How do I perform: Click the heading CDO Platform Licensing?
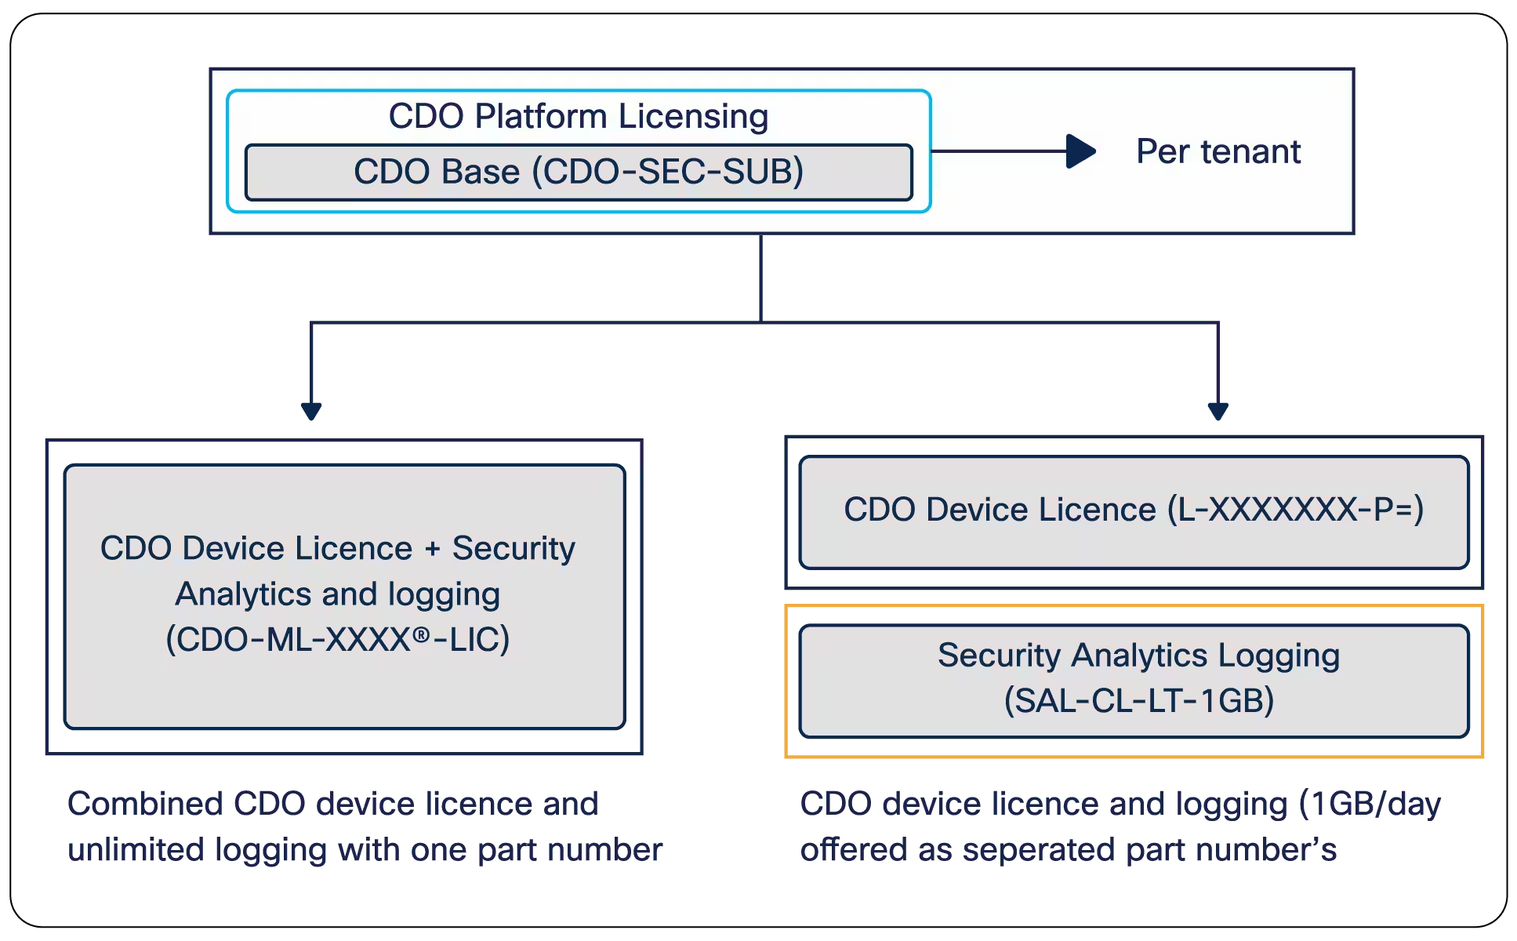click(578, 116)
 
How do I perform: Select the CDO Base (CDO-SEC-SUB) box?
click(578, 172)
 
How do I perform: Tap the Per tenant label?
click(1218, 151)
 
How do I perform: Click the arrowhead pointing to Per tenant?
click(1081, 151)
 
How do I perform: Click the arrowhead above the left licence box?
click(312, 411)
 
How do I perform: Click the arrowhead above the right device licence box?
click(1217, 411)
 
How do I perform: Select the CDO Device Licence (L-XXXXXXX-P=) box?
click(1133, 511)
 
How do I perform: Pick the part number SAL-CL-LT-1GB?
click(1139, 700)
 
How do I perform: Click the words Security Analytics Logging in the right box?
click(1138, 655)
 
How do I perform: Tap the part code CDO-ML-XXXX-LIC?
click(337, 640)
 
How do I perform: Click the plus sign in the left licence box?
click(432, 549)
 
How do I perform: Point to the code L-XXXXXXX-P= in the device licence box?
click(1295, 510)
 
